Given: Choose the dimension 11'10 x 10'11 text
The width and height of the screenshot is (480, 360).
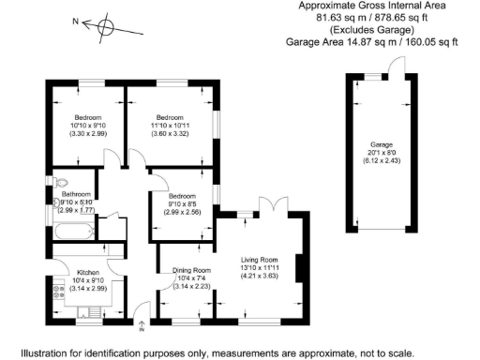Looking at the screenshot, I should pyautogui.click(x=172, y=125).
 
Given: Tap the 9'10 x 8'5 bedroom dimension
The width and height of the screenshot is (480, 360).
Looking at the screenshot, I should pyautogui.click(x=182, y=202).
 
